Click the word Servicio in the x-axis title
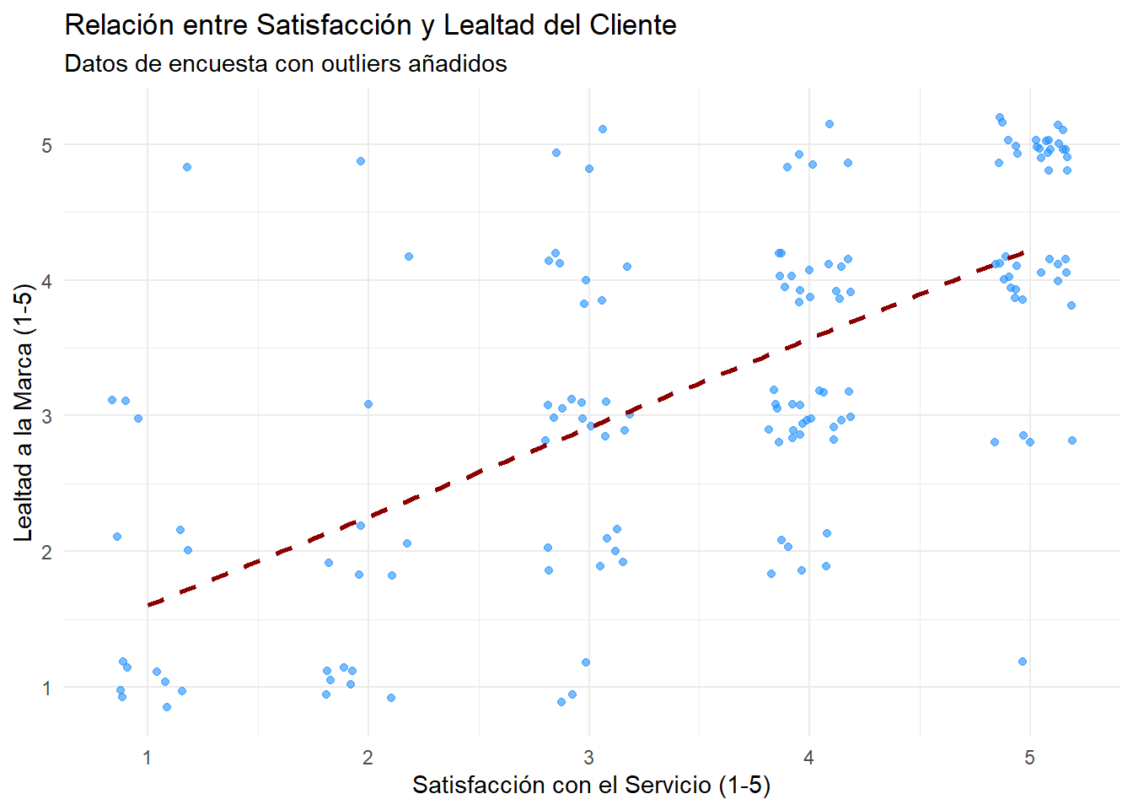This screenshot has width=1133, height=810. (669, 786)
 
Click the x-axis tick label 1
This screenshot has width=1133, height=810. (148, 758)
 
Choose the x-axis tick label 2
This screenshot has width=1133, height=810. (368, 758)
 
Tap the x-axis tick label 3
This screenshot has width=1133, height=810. (588, 758)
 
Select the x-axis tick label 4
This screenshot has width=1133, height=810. (809, 758)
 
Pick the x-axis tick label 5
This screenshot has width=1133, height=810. (1029, 758)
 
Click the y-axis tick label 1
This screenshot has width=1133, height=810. (47, 688)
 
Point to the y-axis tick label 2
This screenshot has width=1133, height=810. (47, 552)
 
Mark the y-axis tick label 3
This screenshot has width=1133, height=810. (47, 416)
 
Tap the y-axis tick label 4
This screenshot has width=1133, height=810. (47, 281)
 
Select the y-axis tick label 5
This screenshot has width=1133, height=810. (47, 145)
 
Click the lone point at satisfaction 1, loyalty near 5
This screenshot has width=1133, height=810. (187, 167)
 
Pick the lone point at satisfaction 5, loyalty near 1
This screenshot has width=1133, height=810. (1023, 661)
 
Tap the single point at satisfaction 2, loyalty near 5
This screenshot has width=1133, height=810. (361, 161)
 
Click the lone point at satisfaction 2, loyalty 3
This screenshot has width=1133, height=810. (368, 404)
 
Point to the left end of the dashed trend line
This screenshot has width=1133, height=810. (149, 604)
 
